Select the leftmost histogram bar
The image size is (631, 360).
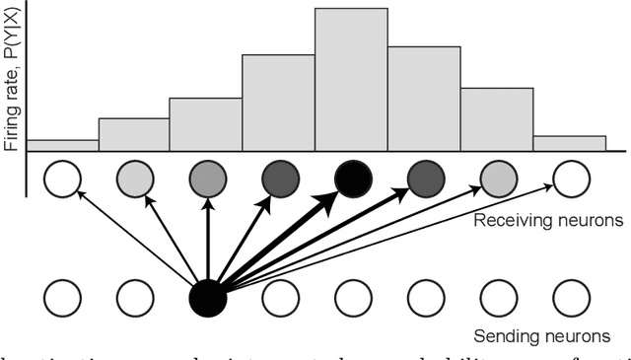tap(62, 145)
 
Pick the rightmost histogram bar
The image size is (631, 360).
tap(569, 143)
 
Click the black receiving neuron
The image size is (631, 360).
tap(353, 180)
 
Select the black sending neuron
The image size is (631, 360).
tap(207, 297)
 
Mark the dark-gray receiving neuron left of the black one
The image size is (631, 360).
tap(280, 180)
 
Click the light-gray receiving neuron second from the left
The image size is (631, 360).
tap(135, 180)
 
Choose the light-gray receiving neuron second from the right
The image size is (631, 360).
tap(498, 180)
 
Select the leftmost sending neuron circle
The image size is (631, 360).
tap(62, 297)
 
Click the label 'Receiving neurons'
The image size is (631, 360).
tap(547, 220)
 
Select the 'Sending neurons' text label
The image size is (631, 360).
tap(550, 335)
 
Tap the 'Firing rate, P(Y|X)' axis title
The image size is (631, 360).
tap(12, 79)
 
